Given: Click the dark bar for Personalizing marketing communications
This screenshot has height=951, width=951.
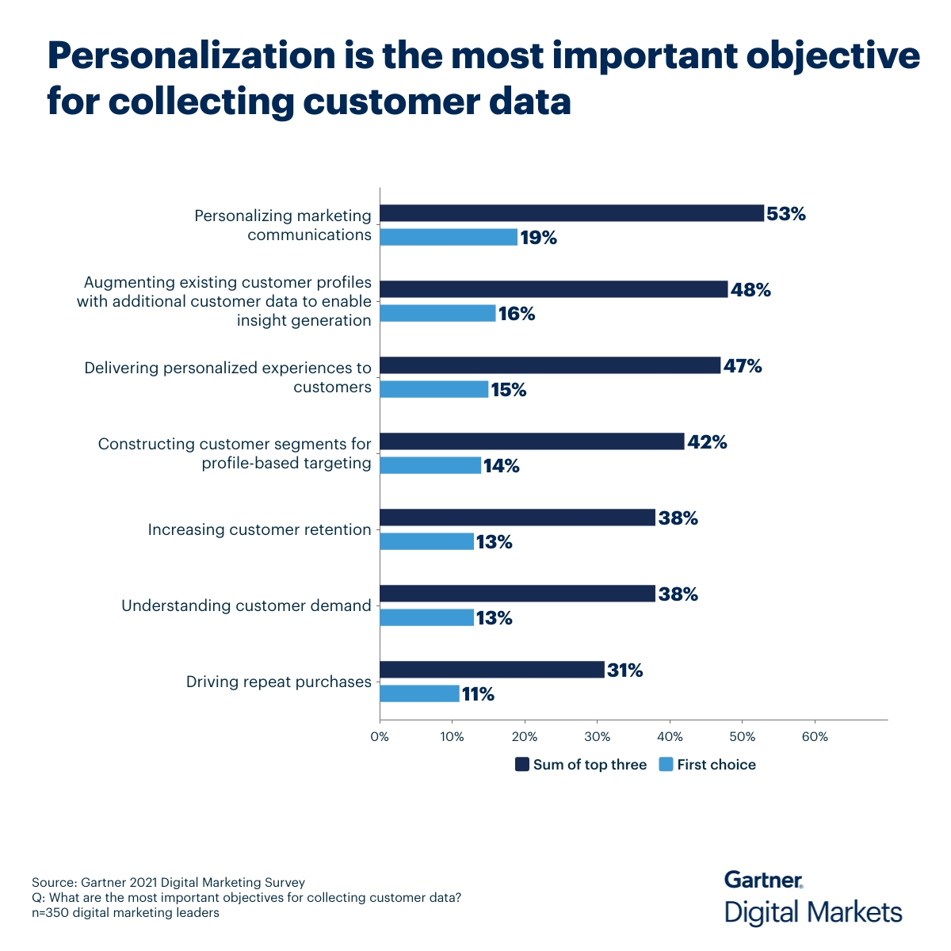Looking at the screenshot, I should pyautogui.click(x=571, y=213).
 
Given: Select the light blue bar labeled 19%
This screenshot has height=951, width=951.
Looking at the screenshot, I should pyautogui.click(x=449, y=237).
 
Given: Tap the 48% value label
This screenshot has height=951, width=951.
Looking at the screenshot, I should pyautogui.click(x=750, y=290).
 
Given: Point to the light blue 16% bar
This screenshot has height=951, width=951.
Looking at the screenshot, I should pyautogui.click(x=437, y=313).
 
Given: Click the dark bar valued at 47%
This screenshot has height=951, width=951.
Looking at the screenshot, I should pyautogui.click(x=550, y=365).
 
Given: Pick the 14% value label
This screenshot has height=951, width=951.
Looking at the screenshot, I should pyautogui.click(x=501, y=466).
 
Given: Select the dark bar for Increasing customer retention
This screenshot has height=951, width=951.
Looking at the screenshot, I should pyautogui.click(x=518, y=518).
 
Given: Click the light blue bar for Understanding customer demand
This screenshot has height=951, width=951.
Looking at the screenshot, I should pyautogui.click(x=426, y=617).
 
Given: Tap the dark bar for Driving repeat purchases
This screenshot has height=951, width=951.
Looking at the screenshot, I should pyautogui.click(x=492, y=670).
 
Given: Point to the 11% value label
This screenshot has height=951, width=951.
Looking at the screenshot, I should pyautogui.click(x=478, y=695).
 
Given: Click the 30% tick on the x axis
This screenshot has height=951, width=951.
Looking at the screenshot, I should pyautogui.click(x=597, y=737).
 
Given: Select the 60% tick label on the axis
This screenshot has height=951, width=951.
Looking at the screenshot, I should pyautogui.click(x=815, y=737).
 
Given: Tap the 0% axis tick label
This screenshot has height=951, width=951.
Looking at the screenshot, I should pyautogui.click(x=380, y=737).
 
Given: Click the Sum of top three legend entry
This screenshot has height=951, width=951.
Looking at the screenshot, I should pyautogui.click(x=581, y=765).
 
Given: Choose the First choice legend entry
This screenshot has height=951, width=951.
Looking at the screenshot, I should pyautogui.click(x=707, y=765).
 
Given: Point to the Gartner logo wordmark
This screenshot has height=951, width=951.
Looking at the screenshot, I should pyautogui.click(x=763, y=880).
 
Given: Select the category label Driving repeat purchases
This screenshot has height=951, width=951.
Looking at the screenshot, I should pyautogui.click(x=278, y=682).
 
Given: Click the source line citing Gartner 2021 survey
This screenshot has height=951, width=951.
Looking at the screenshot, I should pyautogui.click(x=168, y=882).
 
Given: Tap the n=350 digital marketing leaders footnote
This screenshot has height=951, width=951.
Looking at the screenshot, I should pyautogui.click(x=125, y=912).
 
